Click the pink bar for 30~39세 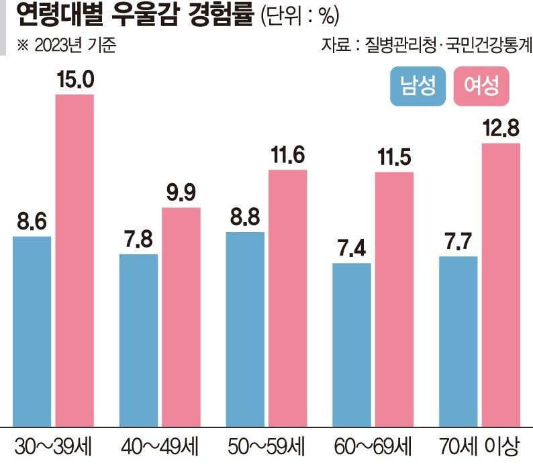(75, 260)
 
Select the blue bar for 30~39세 (32, 331)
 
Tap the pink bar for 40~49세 (181, 317)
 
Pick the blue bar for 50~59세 (245, 329)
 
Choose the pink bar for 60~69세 (395, 299)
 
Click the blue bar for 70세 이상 (458, 341)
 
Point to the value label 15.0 (75, 81)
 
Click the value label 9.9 (181, 194)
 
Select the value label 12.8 (501, 130)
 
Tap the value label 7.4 (352, 250)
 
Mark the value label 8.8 (245, 219)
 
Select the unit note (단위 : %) (300, 15)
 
